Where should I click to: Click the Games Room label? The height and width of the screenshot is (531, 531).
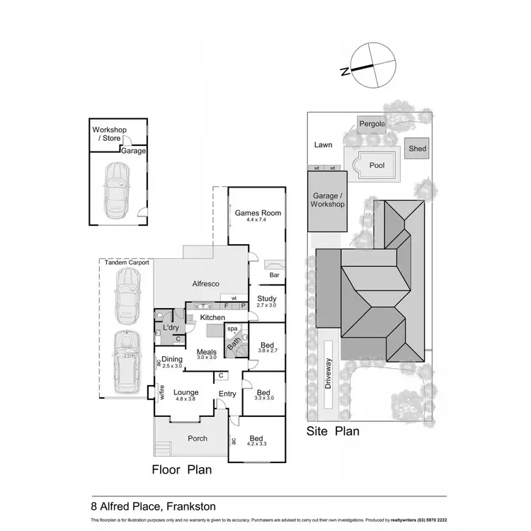click(x=258, y=213)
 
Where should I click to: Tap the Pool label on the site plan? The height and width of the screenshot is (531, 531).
click(x=377, y=165)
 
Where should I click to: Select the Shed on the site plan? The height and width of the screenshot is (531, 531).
click(x=416, y=149)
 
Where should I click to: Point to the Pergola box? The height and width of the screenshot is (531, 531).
click(x=372, y=124)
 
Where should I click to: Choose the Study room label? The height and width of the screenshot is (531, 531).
click(x=266, y=299)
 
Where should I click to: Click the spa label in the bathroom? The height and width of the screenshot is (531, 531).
click(x=232, y=329)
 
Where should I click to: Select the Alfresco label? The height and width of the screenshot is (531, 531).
click(x=206, y=284)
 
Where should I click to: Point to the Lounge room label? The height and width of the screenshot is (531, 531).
click(x=185, y=392)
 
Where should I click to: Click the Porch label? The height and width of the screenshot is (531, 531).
click(x=198, y=438)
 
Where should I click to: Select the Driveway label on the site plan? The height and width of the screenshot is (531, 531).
click(x=329, y=373)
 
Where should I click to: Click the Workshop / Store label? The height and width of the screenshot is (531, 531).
click(x=108, y=135)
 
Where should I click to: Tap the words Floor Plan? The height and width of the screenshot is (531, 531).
click(x=181, y=469)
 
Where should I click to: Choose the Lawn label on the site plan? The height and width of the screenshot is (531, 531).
click(x=323, y=145)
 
